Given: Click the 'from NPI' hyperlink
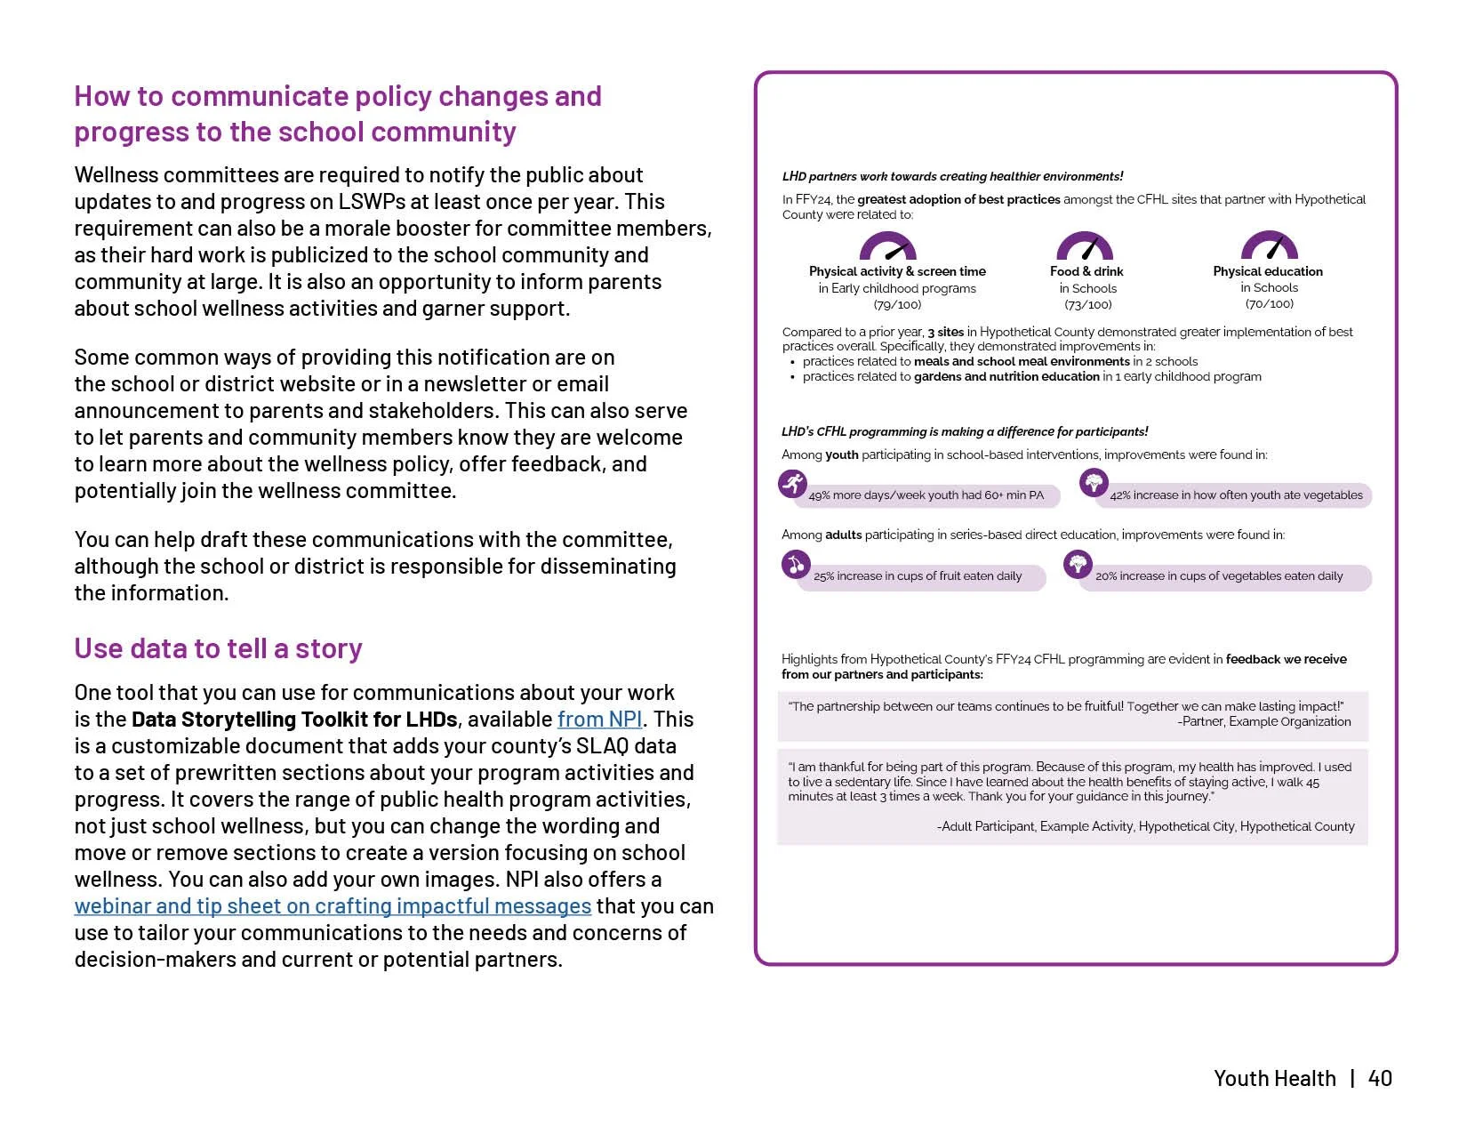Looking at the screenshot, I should click(x=599, y=720).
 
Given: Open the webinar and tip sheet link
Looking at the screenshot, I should click(x=333, y=906).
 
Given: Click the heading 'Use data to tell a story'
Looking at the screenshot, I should click(x=218, y=648).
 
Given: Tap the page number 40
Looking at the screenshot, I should click(x=1380, y=1078).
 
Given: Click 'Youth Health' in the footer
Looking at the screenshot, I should click(x=1274, y=1078).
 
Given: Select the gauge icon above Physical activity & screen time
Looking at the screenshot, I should click(x=887, y=246).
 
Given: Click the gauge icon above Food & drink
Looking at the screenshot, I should click(x=1085, y=246).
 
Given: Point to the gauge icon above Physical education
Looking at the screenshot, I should click(x=1269, y=246).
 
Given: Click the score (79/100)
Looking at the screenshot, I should click(x=897, y=304).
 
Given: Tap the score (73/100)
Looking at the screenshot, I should click(x=1087, y=304).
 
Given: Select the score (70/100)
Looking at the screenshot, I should click(x=1269, y=304).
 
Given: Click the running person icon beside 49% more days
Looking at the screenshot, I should click(x=792, y=484).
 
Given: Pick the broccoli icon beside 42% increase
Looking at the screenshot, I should click(x=1094, y=483).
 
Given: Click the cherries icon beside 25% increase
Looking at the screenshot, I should click(x=796, y=564).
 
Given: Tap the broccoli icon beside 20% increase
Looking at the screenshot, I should click(x=1078, y=564).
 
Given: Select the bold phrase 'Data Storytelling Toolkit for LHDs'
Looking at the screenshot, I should click(x=294, y=720).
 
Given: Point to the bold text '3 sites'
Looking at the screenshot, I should click(x=945, y=332).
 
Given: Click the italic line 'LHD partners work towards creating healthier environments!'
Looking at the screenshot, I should click(x=952, y=176).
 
